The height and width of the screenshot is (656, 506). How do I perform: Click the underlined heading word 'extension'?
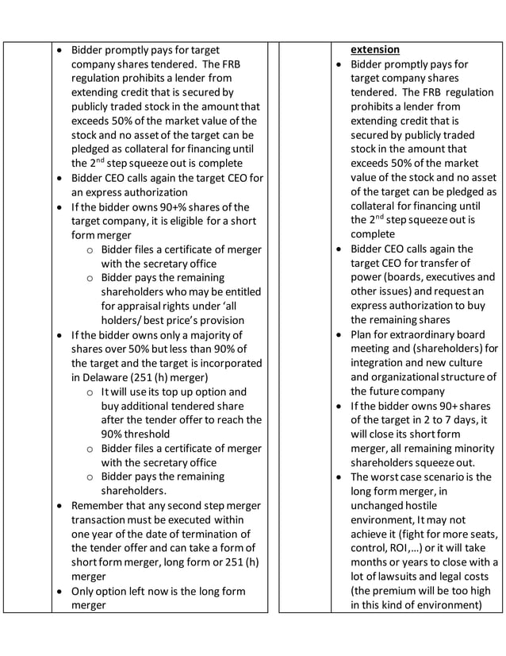[375, 49]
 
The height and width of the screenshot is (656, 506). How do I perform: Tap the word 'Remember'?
[99, 505]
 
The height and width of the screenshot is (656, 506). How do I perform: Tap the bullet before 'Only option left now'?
[60, 591]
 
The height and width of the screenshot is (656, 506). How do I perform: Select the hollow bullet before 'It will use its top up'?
[90, 392]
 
